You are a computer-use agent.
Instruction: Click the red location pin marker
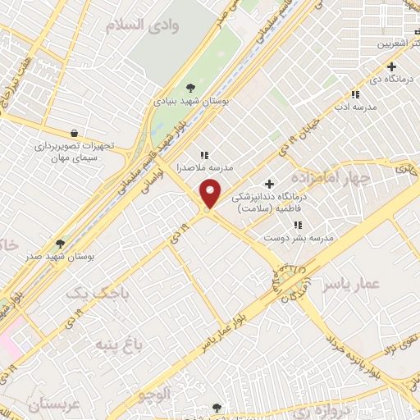(212, 194)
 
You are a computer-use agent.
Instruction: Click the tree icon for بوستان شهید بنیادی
(190, 88)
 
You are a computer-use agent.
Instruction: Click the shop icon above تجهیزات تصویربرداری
(75, 133)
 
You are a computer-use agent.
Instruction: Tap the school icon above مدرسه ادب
(355, 94)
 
